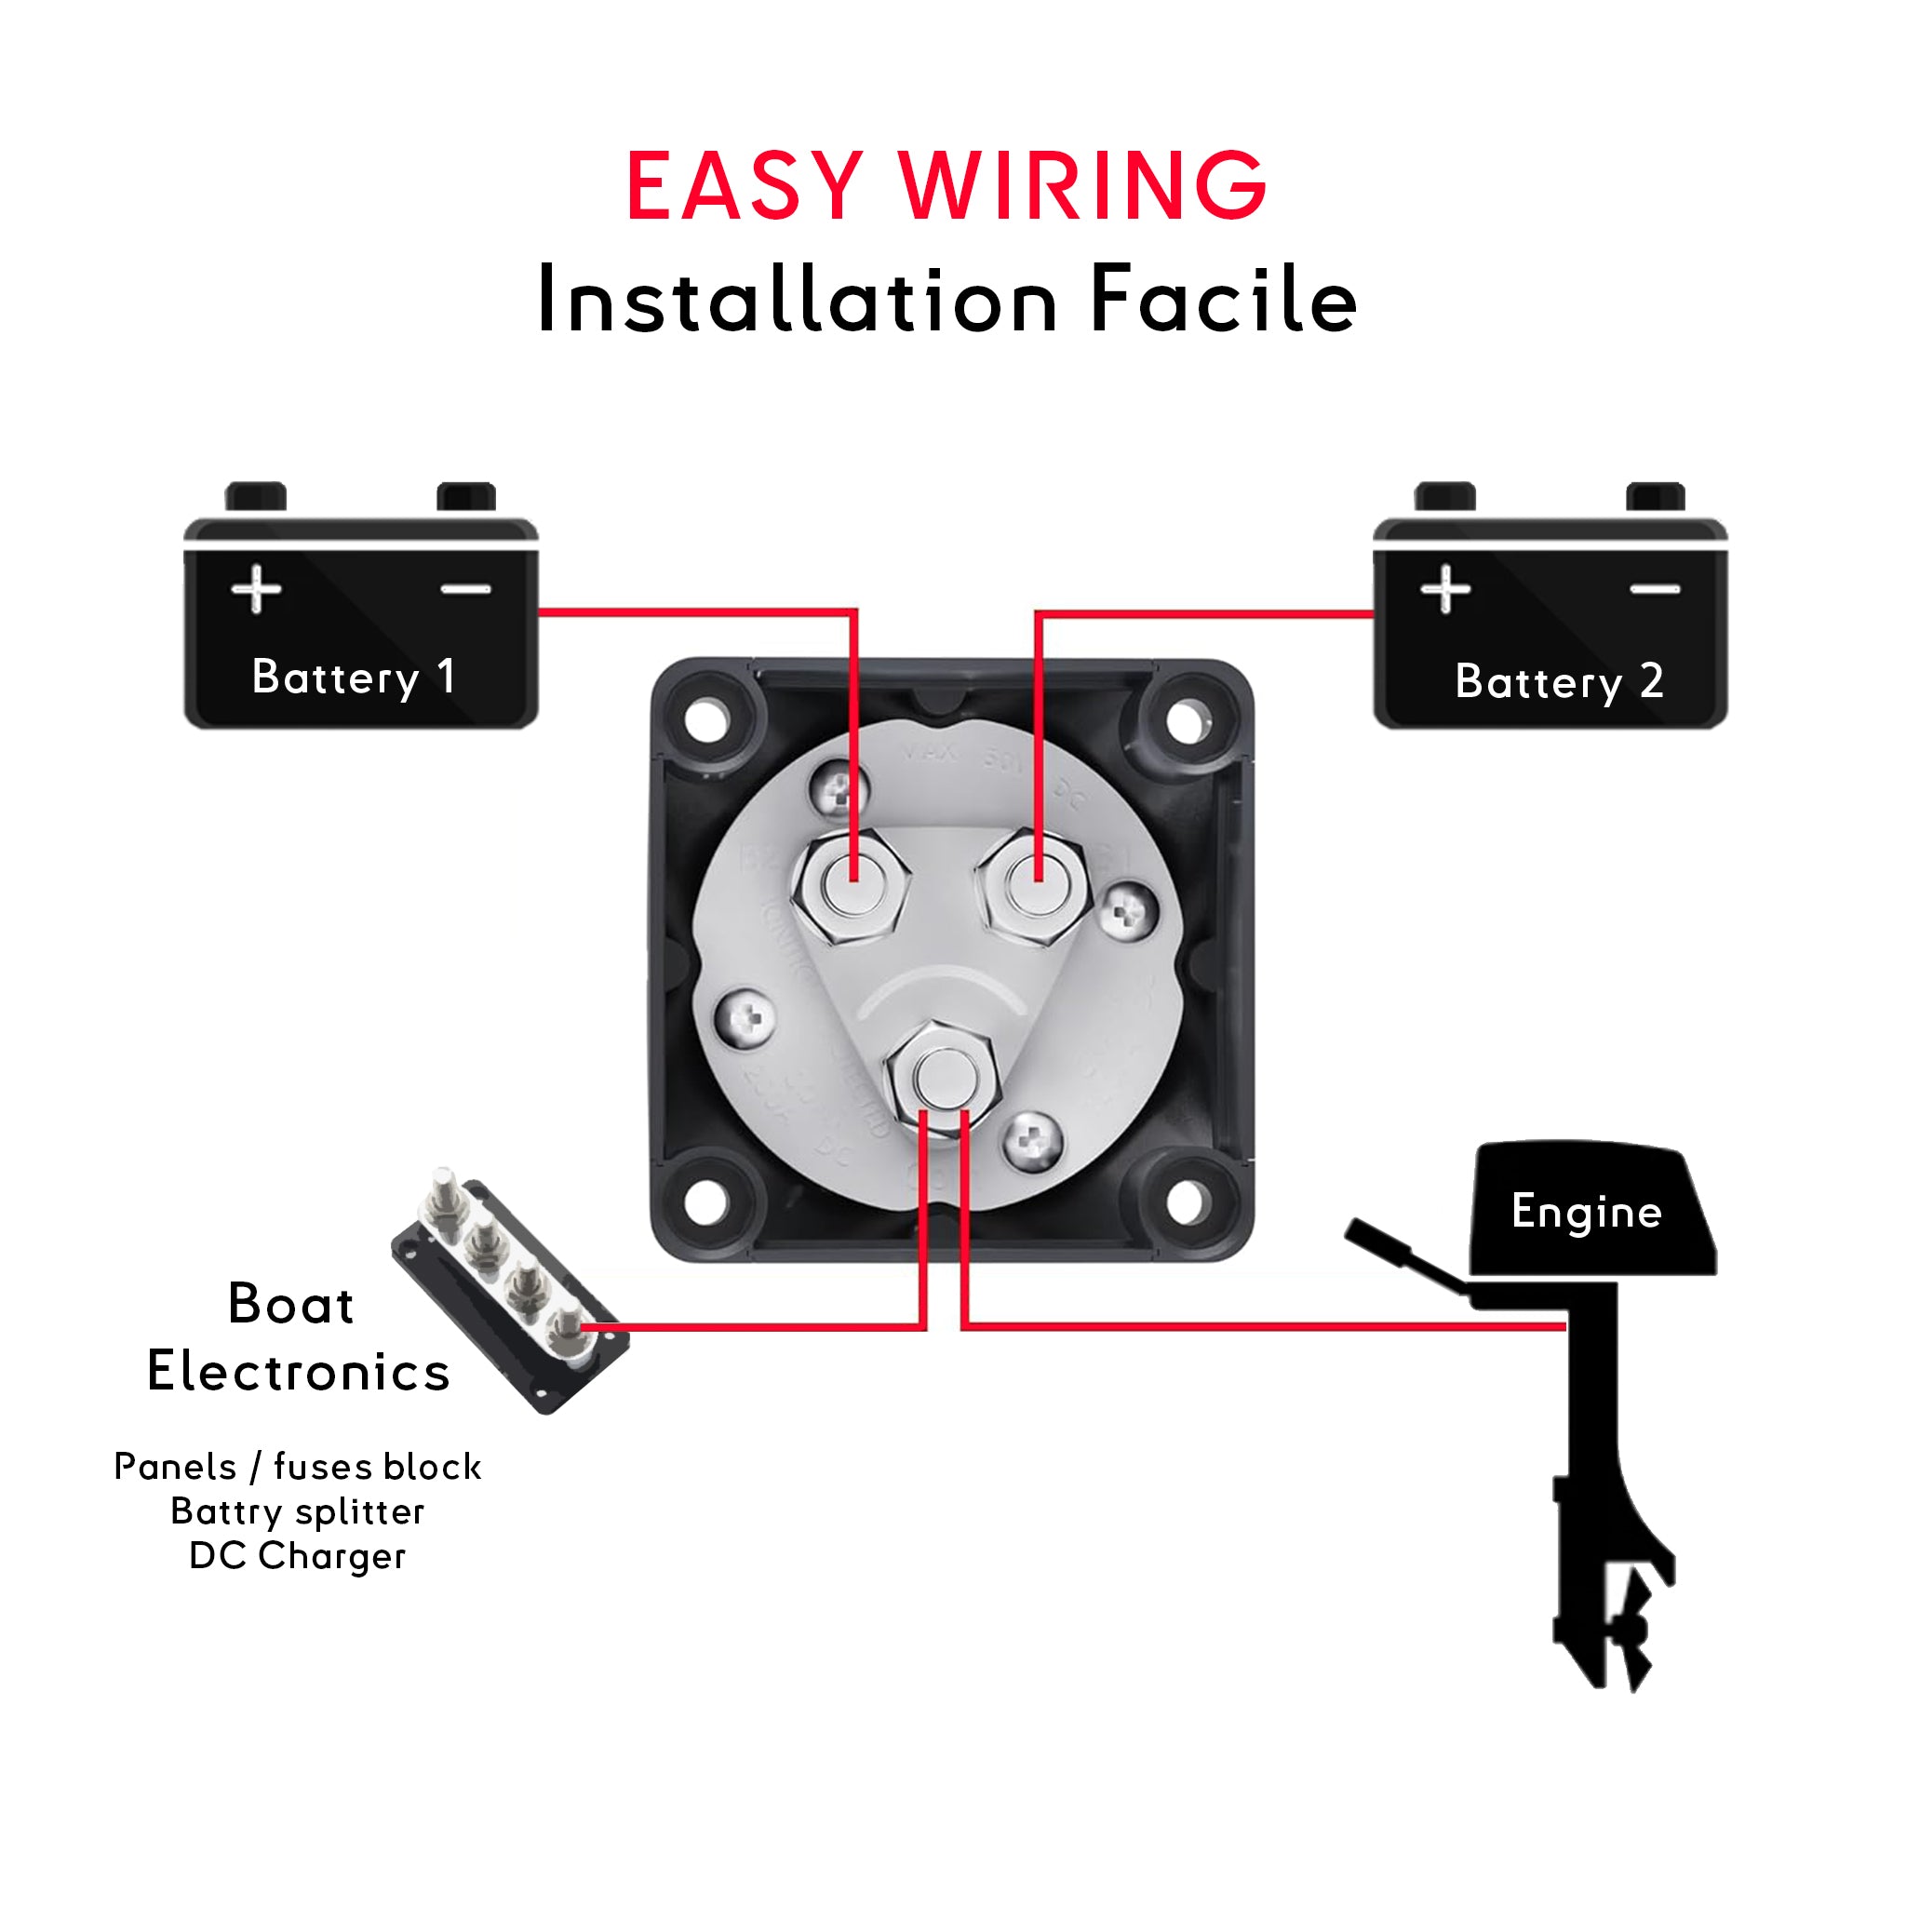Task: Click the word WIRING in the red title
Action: tap(1082, 186)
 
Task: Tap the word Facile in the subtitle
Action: tap(1223, 300)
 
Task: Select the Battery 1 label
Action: tap(353, 678)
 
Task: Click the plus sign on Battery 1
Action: tap(257, 589)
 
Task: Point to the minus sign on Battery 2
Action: tap(1655, 589)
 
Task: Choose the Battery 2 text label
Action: tap(1559, 681)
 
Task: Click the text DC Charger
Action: tap(297, 1556)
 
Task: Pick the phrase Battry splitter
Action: tap(297, 1511)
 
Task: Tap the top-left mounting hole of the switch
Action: tap(706, 721)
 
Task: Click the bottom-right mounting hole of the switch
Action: tap(1187, 1201)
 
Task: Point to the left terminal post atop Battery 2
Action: tap(1444, 496)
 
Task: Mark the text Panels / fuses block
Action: tap(297, 1467)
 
